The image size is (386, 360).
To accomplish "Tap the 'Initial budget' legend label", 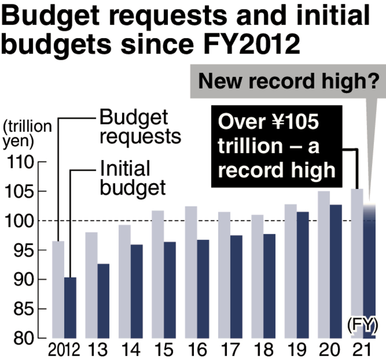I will (133, 178).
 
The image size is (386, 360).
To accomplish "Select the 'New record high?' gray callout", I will (289, 80).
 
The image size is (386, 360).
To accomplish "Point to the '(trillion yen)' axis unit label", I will (26, 134).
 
